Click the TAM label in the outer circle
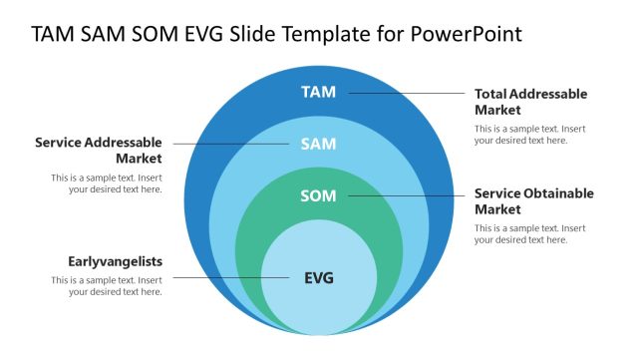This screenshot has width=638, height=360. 318,93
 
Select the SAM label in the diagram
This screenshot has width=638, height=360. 318,145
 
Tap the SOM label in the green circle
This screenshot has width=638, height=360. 318,196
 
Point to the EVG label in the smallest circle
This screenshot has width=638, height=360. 318,278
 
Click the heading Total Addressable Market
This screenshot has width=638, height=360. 530,102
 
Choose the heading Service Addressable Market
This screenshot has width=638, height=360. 98,151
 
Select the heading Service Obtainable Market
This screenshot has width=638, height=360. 533,201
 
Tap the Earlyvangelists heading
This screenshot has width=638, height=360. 115,261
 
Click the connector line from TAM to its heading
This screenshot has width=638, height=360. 404,94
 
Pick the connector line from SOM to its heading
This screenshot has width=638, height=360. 404,196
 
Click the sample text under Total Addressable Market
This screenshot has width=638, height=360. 529,135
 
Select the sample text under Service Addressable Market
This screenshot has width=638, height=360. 107,183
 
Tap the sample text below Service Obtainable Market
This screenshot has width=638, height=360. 529,234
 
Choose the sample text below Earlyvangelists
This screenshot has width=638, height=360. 107,286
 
